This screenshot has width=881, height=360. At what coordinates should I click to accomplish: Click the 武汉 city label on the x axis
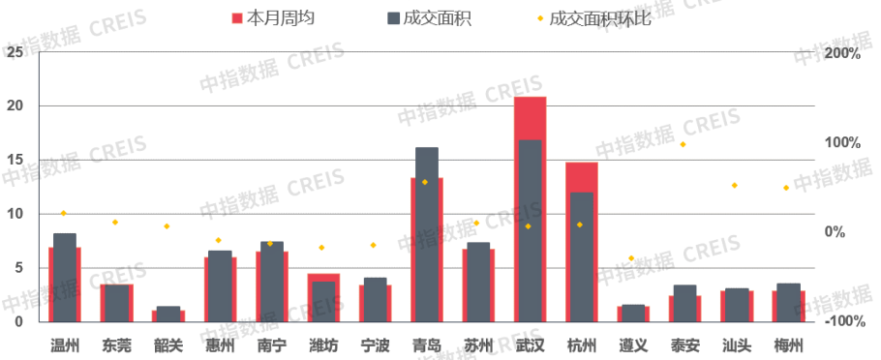530,345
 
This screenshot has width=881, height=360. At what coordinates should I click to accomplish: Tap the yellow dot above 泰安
683,144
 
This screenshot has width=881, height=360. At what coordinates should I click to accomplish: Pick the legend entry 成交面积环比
598,18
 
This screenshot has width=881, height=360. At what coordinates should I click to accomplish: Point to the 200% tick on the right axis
842,53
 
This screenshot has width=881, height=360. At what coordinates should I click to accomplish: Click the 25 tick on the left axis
14,52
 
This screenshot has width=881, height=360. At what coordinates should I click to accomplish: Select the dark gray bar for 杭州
582,256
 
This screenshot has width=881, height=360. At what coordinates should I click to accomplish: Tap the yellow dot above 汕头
735,185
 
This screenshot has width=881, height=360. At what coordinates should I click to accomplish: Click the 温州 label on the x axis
65,345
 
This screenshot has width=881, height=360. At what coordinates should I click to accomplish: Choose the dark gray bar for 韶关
168,314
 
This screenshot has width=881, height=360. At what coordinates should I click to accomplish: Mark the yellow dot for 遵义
631,258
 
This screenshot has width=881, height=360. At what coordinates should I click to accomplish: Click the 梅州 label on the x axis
788,345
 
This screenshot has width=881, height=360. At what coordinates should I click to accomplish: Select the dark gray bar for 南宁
272,281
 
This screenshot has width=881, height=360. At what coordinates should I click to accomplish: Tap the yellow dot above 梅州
786,188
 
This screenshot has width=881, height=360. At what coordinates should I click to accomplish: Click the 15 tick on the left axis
14,160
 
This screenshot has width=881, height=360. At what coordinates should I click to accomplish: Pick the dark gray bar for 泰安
685,303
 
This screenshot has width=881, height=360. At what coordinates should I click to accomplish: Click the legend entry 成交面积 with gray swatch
429,18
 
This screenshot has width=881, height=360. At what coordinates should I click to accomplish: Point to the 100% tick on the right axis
842,143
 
